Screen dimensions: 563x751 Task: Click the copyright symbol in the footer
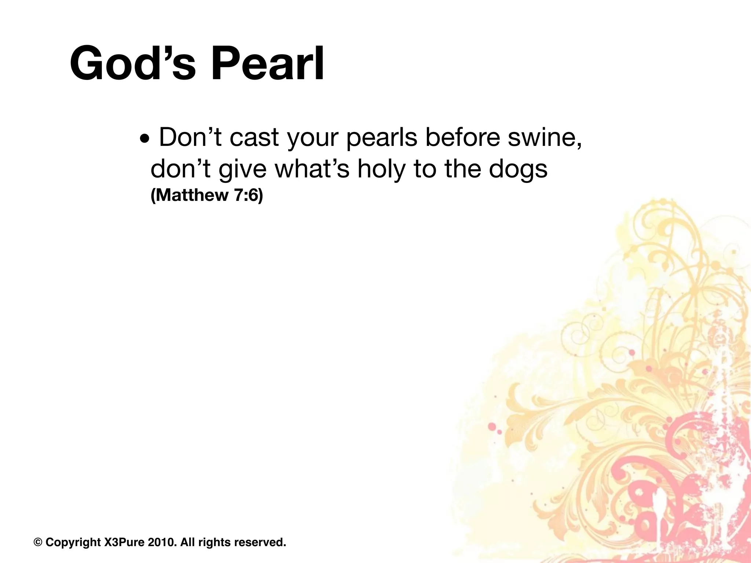click(x=38, y=542)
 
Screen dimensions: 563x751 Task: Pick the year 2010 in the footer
click(x=161, y=542)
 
